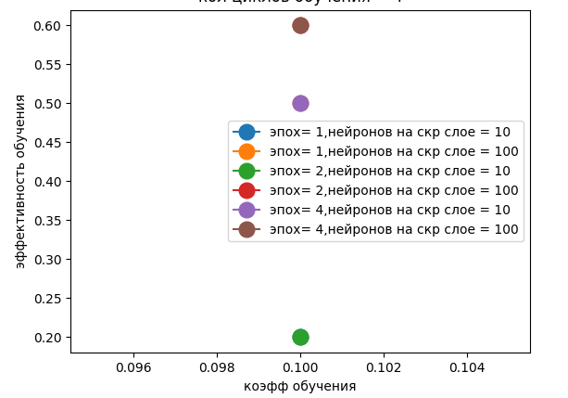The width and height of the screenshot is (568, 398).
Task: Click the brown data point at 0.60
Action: click(x=300, y=25)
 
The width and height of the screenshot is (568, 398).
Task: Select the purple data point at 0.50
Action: click(x=300, y=103)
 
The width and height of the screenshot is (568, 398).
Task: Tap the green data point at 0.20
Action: click(x=300, y=337)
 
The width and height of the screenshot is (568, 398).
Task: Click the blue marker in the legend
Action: click(x=246, y=132)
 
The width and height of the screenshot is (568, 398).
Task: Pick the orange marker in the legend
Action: click(x=246, y=151)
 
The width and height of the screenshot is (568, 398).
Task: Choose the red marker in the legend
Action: click(x=246, y=190)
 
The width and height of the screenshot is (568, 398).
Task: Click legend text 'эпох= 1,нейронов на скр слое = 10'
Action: click(x=384, y=132)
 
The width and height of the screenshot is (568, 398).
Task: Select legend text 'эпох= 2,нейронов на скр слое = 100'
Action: click(x=387, y=190)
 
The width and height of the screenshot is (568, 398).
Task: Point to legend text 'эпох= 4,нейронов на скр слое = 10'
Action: click(x=384, y=210)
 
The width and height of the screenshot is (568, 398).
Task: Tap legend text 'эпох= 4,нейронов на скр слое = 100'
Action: click(x=387, y=229)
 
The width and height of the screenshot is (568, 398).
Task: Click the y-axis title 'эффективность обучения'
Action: click(x=20, y=181)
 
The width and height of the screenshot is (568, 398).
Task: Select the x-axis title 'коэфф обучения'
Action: click(x=300, y=386)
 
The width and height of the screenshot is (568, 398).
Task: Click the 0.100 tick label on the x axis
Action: click(x=300, y=368)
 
